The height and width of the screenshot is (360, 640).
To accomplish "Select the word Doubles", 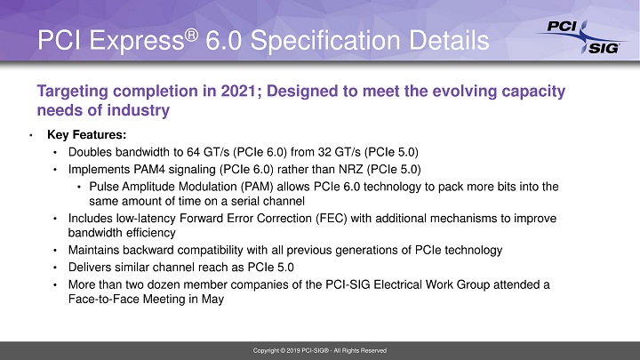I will [87, 152].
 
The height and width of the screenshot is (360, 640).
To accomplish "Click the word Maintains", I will [93, 251].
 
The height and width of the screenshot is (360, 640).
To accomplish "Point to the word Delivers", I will [88, 268].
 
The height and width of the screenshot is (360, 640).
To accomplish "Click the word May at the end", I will [212, 300].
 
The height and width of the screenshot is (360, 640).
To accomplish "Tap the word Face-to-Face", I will [101, 300].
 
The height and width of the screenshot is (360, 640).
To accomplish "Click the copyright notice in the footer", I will [319, 351].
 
